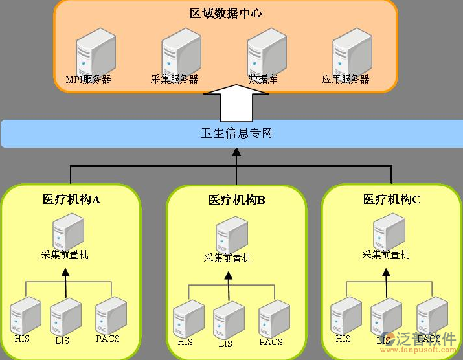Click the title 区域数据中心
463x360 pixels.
[x=226, y=13]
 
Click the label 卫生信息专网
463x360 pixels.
[x=236, y=133]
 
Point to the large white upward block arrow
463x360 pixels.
[x=236, y=103]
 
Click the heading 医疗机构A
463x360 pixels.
[x=71, y=199]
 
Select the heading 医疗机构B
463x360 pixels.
[x=237, y=200]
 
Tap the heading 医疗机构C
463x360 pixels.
[x=392, y=199]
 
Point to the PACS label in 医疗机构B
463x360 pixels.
[x=271, y=342]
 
